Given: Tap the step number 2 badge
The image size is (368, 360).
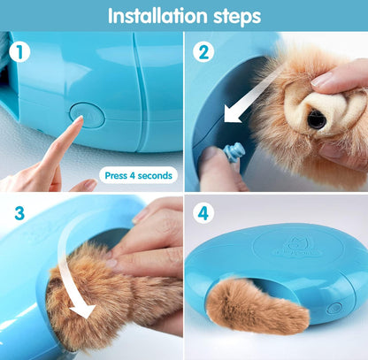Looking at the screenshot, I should click(205, 52).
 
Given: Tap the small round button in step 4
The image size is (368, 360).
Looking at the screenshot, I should click(334, 309).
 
